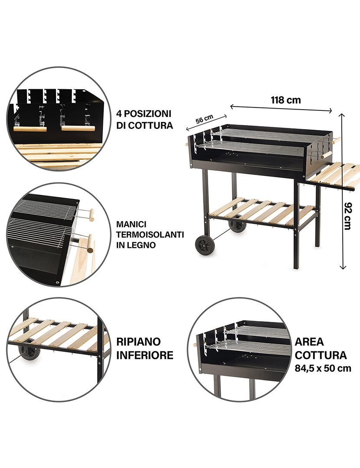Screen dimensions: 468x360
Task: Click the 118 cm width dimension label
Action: pyautogui.click(x=286, y=100)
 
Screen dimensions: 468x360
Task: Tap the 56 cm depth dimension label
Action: pyautogui.click(x=204, y=119)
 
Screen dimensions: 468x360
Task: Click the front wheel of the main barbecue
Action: pyautogui.click(x=204, y=245)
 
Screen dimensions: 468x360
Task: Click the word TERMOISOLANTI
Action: pyautogui.click(x=150, y=234)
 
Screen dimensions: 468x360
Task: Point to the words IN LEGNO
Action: pyautogui.click(x=136, y=245)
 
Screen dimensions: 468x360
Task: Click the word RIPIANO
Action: pyautogui.click(x=138, y=341)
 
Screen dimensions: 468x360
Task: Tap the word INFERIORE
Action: pyautogui.click(x=145, y=355)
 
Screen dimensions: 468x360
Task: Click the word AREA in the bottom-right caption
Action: pyautogui.click(x=309, y=341)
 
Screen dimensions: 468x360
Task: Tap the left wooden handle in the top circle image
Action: pyautogui.click(x=29, y=128)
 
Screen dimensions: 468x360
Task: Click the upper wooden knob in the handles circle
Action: pyautogui.click(x=92, y=214)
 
